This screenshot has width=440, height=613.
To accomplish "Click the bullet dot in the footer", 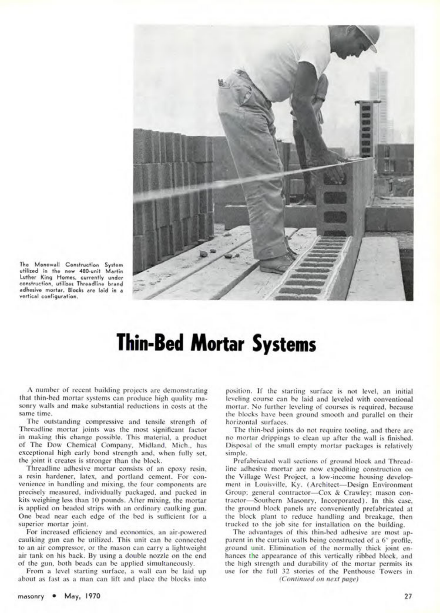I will point(54,596).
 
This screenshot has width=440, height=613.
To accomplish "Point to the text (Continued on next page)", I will point(318,579).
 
